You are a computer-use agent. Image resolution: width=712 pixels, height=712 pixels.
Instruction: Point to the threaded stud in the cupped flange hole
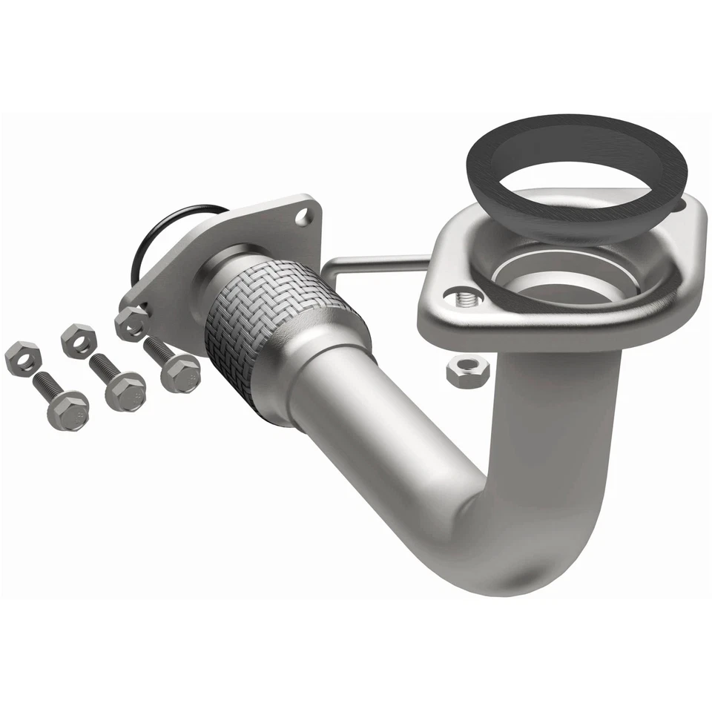coord(465,299)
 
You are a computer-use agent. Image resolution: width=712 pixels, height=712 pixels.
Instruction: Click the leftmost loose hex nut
coord(22,358)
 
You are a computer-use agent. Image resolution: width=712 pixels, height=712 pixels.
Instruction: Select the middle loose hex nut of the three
coord(79,340)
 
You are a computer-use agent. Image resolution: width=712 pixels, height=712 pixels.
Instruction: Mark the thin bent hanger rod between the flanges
coord(371,261)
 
